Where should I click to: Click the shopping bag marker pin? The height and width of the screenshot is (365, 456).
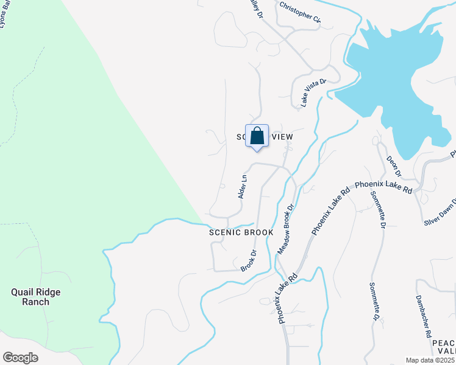pos(257,136)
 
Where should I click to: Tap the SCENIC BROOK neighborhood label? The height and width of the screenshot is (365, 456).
pos(241,232)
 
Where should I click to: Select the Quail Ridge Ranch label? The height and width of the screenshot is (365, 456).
pos(36,297)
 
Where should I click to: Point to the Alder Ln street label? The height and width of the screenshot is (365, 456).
pos(243,187)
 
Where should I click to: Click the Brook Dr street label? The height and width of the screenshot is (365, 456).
pos(248,260)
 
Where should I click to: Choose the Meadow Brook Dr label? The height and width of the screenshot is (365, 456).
pos(286,229)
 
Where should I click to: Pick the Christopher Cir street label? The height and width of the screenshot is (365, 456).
pos(300,13)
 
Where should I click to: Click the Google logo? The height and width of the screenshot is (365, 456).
pos(20,358)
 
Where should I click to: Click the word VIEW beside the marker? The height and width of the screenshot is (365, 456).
pos(282,137)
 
